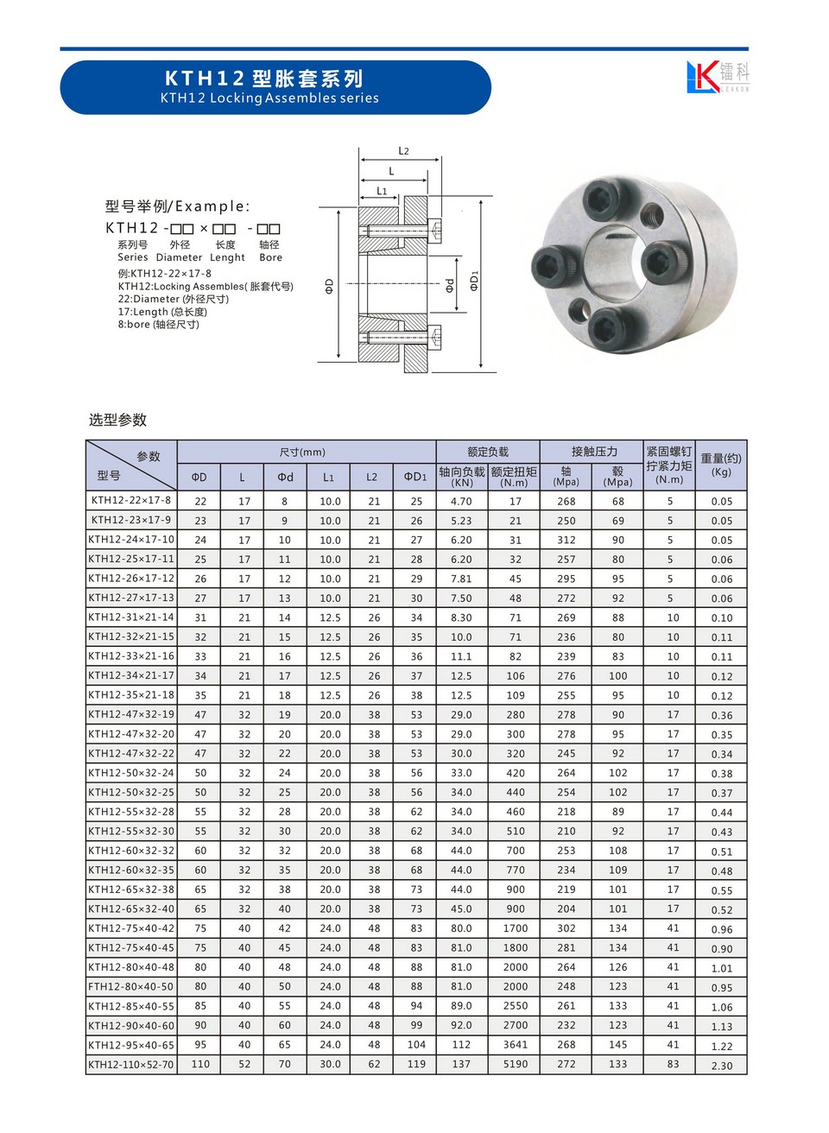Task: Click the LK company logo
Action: pos(717,76)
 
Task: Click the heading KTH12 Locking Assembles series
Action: pos(269,98)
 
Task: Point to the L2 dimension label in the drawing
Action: pos(403,151)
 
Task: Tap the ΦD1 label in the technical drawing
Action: pos(474,282)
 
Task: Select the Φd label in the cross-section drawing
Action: pos(450,285)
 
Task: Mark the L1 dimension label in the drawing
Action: pos(382,191)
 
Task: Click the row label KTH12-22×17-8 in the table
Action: pos(131,500)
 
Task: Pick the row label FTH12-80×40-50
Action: pos(131,986)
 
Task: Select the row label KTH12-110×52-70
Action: pos(131,1065)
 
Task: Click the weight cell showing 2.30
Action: pos(722,1066)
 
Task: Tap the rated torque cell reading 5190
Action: pos(516,1065)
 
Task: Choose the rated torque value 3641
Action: pos(516,1045)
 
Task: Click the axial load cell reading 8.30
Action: pos(461,617)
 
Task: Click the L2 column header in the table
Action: pos(372,477)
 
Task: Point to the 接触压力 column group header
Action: pos(594,452)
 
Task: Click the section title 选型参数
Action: pos(118,420)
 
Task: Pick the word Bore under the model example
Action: pos(270,257)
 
